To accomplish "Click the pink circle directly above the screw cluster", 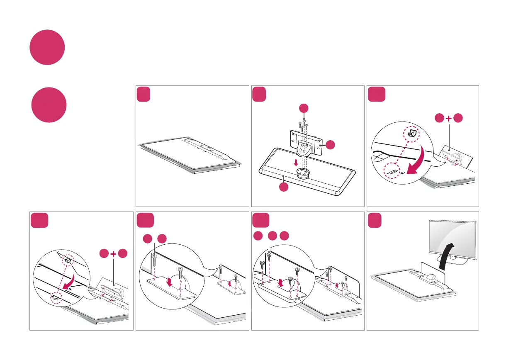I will click(x=304, y=108).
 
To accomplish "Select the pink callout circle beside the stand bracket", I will click(x=330, y=145).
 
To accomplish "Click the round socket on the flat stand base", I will click(x=302, y=173).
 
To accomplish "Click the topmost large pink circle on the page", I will click(x=47, y=47).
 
